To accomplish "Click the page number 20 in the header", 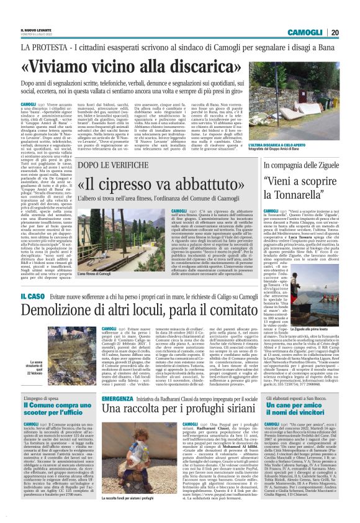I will pos(335,32).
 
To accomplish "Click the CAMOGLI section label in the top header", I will pos(305,32).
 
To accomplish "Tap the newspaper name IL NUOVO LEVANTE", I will pos(36,29).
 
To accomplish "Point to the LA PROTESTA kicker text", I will pos(44,47).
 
